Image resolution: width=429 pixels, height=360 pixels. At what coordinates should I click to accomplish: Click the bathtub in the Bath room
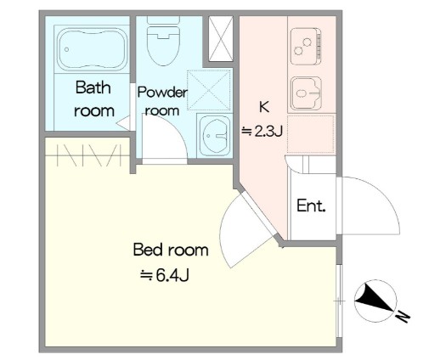[x=91, y=48]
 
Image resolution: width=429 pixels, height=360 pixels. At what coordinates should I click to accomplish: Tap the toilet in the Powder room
[x=163, y=40]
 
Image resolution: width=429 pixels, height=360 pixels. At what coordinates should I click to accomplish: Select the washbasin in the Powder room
[x=214, y=135]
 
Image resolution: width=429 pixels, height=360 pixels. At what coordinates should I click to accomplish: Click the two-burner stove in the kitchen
[x=307, y=47]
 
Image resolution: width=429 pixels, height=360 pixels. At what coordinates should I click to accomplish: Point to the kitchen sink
[x=307, y=93]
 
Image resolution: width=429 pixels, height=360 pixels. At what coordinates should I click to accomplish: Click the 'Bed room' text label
[x=171, y=250]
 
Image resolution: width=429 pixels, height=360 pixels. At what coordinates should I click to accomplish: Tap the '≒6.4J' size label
[x=165, y=275]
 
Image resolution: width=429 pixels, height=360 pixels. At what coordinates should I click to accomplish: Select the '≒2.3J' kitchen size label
[x=262, y=132]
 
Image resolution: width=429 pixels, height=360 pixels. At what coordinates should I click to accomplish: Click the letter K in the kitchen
[x=264, y=107]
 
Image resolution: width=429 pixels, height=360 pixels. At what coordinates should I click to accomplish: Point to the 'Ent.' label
[x=311, y=205]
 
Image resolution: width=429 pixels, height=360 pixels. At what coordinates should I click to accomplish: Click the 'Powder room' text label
[x=162, y=102]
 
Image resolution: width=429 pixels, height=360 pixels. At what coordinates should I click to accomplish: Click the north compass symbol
[x=375, y=301]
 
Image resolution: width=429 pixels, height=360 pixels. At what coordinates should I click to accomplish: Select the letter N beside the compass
[x=404, y=317]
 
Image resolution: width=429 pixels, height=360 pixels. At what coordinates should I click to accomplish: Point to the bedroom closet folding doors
[x=89, y=155]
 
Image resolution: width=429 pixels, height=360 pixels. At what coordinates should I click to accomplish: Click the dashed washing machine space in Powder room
[x=209, y=90]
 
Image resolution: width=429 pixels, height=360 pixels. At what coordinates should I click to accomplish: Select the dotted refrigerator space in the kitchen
[x=311, y=133]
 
